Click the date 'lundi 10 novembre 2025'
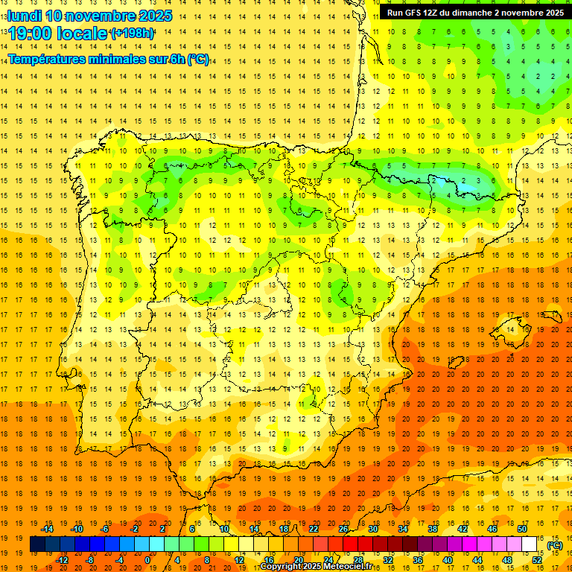click(90, 16)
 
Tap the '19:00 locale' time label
click(58, 34)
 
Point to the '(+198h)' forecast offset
click(132, 34)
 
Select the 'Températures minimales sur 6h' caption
click(109, 60)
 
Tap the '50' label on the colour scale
click(522, 529)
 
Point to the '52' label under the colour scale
click(537, 560)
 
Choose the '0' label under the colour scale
click(148, 560)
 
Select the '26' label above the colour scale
click(343, 529)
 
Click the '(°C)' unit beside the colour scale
click(555, 545)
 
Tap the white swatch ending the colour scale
click(530, 544)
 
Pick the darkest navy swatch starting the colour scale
click(37, 544)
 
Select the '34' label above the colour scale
click(403, 529)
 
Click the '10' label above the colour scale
click(224, 529)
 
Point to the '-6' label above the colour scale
click(105, 529)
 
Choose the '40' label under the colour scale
click(448, 560)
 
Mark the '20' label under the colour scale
click(299, 560)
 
